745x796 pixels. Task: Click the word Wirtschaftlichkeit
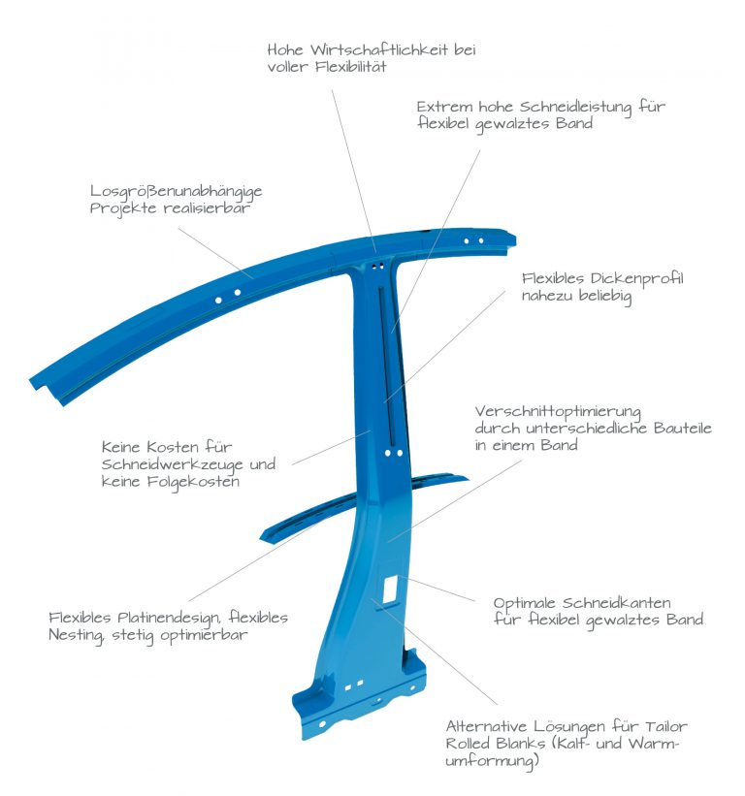377,49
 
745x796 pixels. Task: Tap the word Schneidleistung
575,107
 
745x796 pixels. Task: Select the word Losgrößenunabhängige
177,191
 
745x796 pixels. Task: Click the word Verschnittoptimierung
558,412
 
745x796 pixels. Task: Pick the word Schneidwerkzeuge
172,464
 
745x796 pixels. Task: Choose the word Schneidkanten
617,603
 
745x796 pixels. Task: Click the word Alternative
486,726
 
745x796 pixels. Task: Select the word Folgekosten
193,482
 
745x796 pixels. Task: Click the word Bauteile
683,428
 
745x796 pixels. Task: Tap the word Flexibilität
350,67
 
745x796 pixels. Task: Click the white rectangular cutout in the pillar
391,589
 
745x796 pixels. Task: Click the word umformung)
492,761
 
